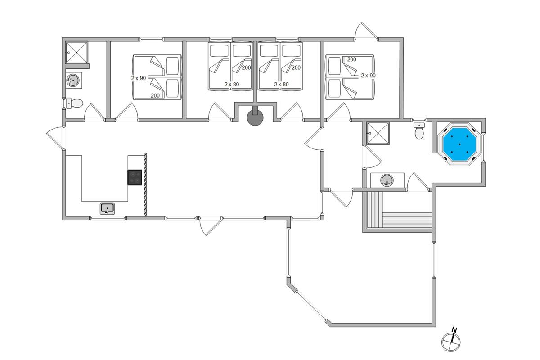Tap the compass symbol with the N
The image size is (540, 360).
tap(451, 342)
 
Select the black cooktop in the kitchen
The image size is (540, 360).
tap(135, 177)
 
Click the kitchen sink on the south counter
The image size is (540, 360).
tap(107, 208)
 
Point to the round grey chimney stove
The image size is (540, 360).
tap(255, 117)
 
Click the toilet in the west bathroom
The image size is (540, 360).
tap(75, 103)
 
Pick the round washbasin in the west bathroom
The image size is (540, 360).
tap(73, 80)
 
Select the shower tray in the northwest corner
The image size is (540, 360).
tap(76, 52)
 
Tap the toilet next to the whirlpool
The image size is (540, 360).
tap(419, 131)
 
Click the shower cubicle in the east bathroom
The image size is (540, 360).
tap(378, 133)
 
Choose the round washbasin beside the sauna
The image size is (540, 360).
tap(387, 180)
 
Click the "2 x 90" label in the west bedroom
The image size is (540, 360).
tap(139, 78)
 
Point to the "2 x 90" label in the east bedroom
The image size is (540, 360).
tap(369, 76)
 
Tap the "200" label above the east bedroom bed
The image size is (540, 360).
tap(352, 59)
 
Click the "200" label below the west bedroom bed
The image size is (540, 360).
tap(155, 96)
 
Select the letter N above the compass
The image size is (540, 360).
tap(454, 330)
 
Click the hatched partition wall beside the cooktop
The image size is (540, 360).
tap(145, 184)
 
